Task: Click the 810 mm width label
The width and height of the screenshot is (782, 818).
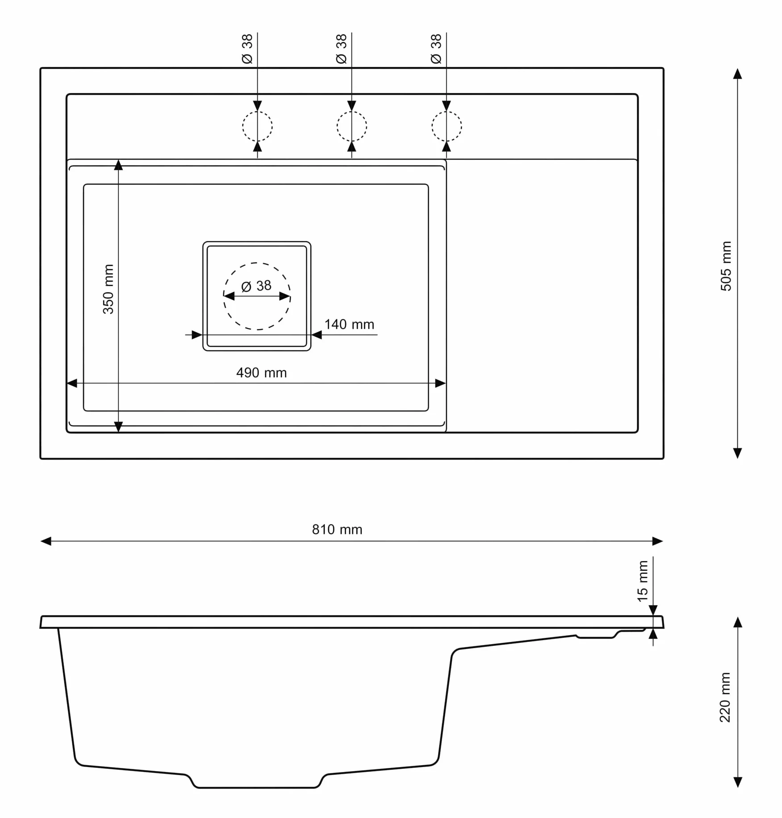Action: pyautogui.click(x=337, y=530)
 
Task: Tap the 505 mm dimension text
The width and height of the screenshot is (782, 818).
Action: pyautogui.click(x=726, y=266)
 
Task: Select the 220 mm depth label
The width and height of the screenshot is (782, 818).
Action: pyautogui.click(x=725, y=697)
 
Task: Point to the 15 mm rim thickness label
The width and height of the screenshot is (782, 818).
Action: pyautogui.click(x=643, y=581)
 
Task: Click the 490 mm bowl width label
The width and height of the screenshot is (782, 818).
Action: pyautogui.click(x=261, y=373)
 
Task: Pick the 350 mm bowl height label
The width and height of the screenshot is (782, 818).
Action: pyautogui.click(x=109, y=289)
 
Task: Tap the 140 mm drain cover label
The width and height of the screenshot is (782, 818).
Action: pyautogui.click(x=349, y=325)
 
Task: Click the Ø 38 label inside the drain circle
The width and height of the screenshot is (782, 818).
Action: pyautogui.click(x=256, y=286)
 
